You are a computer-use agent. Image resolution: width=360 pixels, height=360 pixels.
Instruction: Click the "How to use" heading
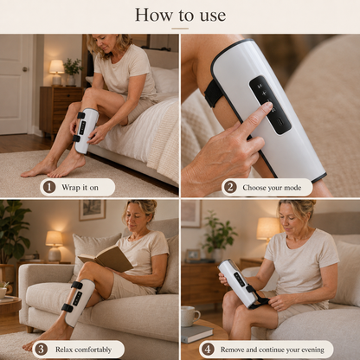(x=180, y=15)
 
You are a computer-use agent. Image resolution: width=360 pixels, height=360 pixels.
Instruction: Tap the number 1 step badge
(x=49, y=187)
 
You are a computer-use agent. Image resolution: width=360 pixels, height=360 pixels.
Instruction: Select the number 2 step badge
(x=230, y=187)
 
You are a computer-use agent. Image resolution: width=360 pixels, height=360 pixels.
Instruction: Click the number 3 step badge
(x=41, y=350)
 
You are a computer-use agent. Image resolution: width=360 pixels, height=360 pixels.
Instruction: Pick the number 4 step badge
(x=208, y=350)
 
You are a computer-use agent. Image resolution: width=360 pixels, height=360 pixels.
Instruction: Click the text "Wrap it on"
(x=80, y=188)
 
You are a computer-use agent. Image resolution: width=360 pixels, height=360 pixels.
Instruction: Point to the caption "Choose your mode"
(x=272, y=188)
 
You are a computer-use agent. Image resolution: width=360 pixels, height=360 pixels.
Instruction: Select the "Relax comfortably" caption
(x=83, y=350)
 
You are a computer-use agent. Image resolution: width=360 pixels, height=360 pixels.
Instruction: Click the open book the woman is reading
(x=106, y=258)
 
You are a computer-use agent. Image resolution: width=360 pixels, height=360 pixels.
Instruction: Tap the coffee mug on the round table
(x=190, y=317)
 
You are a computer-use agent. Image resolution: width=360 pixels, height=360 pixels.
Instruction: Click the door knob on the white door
(x=25, y=69)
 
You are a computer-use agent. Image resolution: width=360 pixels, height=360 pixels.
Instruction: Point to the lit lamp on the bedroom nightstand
(x=56, y=72)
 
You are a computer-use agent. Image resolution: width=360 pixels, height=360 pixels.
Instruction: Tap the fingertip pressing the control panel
(x=267, y=106)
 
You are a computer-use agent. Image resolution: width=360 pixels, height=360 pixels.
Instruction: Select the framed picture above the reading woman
(x=93, y=209)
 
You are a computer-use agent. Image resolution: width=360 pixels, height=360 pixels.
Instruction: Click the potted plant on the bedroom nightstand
(x=73, y=72)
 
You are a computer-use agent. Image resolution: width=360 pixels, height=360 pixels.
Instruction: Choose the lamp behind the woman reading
(x=54, y=246)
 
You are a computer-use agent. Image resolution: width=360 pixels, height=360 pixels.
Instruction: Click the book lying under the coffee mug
(x=197, y=334)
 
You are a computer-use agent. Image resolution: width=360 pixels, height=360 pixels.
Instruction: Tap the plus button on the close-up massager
(x=264, y=93)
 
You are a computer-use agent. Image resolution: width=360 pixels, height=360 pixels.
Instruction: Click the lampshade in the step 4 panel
(x=268, y=228)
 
